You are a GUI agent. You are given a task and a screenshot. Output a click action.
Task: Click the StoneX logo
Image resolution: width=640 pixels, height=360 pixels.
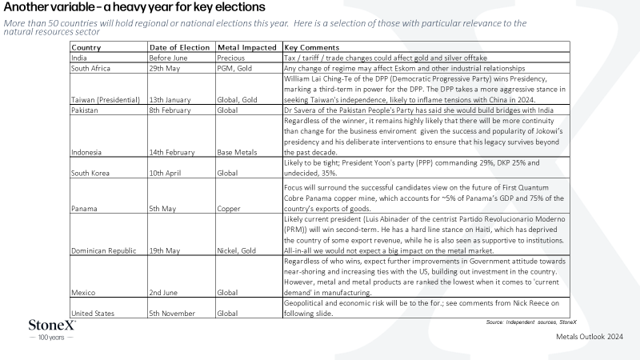tap(52, 330)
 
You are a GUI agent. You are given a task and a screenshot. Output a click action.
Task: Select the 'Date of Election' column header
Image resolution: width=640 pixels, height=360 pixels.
tap(179, 47)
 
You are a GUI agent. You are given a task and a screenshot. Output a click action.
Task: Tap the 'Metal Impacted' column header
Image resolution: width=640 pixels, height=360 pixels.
tap(247, 47)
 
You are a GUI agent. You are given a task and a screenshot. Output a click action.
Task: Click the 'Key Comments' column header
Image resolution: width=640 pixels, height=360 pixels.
tap(312, 47)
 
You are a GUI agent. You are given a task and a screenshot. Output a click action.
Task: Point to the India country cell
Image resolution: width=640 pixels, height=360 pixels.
tap(78, 58)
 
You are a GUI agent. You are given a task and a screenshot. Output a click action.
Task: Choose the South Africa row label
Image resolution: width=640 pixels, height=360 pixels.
tap(90, 68)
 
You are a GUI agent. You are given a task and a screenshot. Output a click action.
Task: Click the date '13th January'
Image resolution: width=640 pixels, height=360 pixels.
tap(170, 99)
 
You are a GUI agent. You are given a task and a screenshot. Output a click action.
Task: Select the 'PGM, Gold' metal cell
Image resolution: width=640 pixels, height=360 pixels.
tap(234, 68)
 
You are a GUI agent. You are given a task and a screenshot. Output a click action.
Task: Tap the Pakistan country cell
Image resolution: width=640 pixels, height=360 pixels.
tap(85, 110)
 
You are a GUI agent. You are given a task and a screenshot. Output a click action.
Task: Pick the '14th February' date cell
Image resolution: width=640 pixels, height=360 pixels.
tap(172, 152)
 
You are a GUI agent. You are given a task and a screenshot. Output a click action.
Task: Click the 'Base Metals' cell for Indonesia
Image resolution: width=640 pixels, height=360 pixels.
tap(237, 152)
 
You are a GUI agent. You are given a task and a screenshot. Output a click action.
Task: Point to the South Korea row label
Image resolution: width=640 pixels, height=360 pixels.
tap(90, 173)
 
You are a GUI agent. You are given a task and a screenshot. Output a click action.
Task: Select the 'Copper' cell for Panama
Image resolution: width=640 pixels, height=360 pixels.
tap(229, 209)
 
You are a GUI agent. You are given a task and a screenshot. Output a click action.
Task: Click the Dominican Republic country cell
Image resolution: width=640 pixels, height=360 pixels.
tap(104, 250)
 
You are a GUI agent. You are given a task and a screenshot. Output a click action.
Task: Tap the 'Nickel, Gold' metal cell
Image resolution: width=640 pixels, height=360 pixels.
tap(236, 250)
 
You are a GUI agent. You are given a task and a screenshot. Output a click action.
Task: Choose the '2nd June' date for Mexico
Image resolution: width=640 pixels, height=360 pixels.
tap(163, 293)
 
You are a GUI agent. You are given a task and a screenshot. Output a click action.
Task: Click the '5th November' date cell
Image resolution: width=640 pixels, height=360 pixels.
tap(172, 314)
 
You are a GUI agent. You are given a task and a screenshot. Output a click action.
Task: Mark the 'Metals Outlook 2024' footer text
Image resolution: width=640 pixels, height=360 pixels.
tap(590, 337)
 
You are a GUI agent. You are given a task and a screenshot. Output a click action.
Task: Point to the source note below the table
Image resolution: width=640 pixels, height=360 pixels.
tap(531, 322)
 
